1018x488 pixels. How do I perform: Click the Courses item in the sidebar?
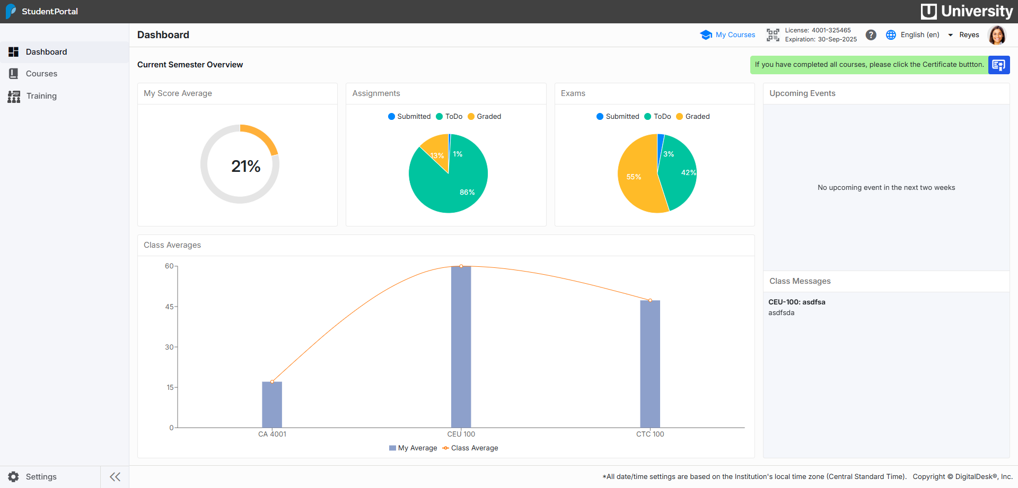41,74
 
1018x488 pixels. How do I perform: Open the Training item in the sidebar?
41,96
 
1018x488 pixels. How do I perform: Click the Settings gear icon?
14,477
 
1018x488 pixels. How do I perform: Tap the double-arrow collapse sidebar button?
115,477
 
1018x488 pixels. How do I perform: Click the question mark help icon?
871,35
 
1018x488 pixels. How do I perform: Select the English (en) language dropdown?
920,35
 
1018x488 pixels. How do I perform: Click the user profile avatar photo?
997,35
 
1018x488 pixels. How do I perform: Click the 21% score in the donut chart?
245,167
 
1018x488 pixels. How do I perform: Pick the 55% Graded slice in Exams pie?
636,178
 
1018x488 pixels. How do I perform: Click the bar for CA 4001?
272,406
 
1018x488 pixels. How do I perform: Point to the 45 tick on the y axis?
169,307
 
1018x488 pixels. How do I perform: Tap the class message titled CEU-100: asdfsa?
796,302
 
